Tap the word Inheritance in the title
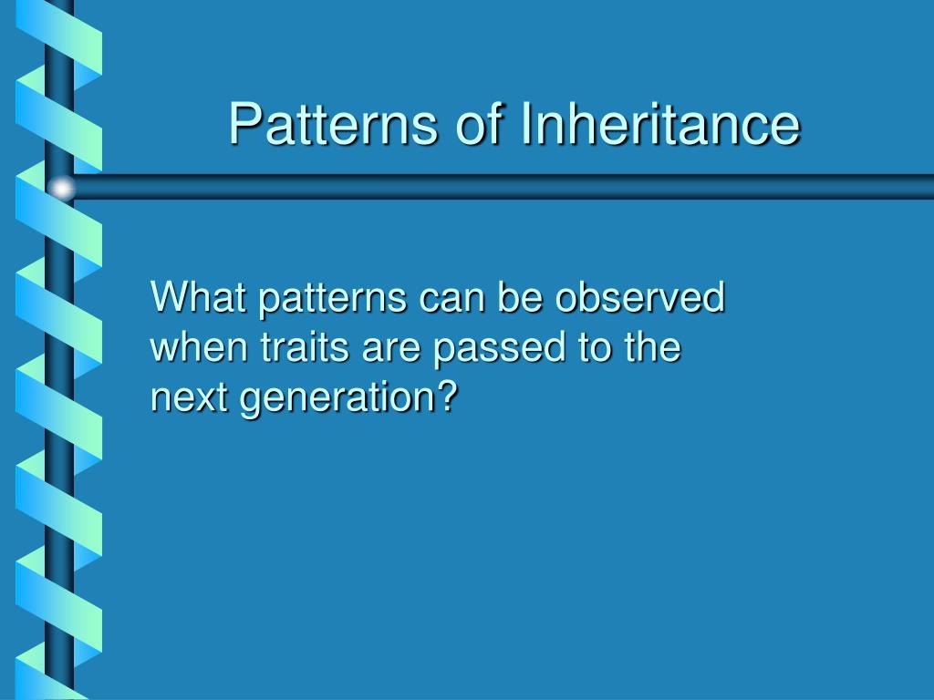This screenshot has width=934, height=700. pyautogui.click(x=660, y=123)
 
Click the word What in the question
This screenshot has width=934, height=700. pyautogui.click(x=198, y=296)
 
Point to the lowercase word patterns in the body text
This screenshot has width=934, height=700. pyautogui.click(x=332, y=299)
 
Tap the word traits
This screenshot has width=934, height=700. pyautogui.click(x=305, y=346)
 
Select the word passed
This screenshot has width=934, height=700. pyautogui.click(x=499, y=348)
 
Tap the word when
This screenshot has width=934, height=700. pyautogui.click(x=198, y=346)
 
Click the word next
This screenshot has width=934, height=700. pyautogui.click(x=189, y=397)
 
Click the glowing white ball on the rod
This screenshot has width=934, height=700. pyautogui.click(x=61, y=188)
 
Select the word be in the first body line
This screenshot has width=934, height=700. pyautogui.click(x=520, y=296)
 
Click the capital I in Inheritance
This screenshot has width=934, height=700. pyautogui.click(x=526, y=123)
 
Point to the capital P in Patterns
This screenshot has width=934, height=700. pyautogui.click(x=244, y=124)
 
